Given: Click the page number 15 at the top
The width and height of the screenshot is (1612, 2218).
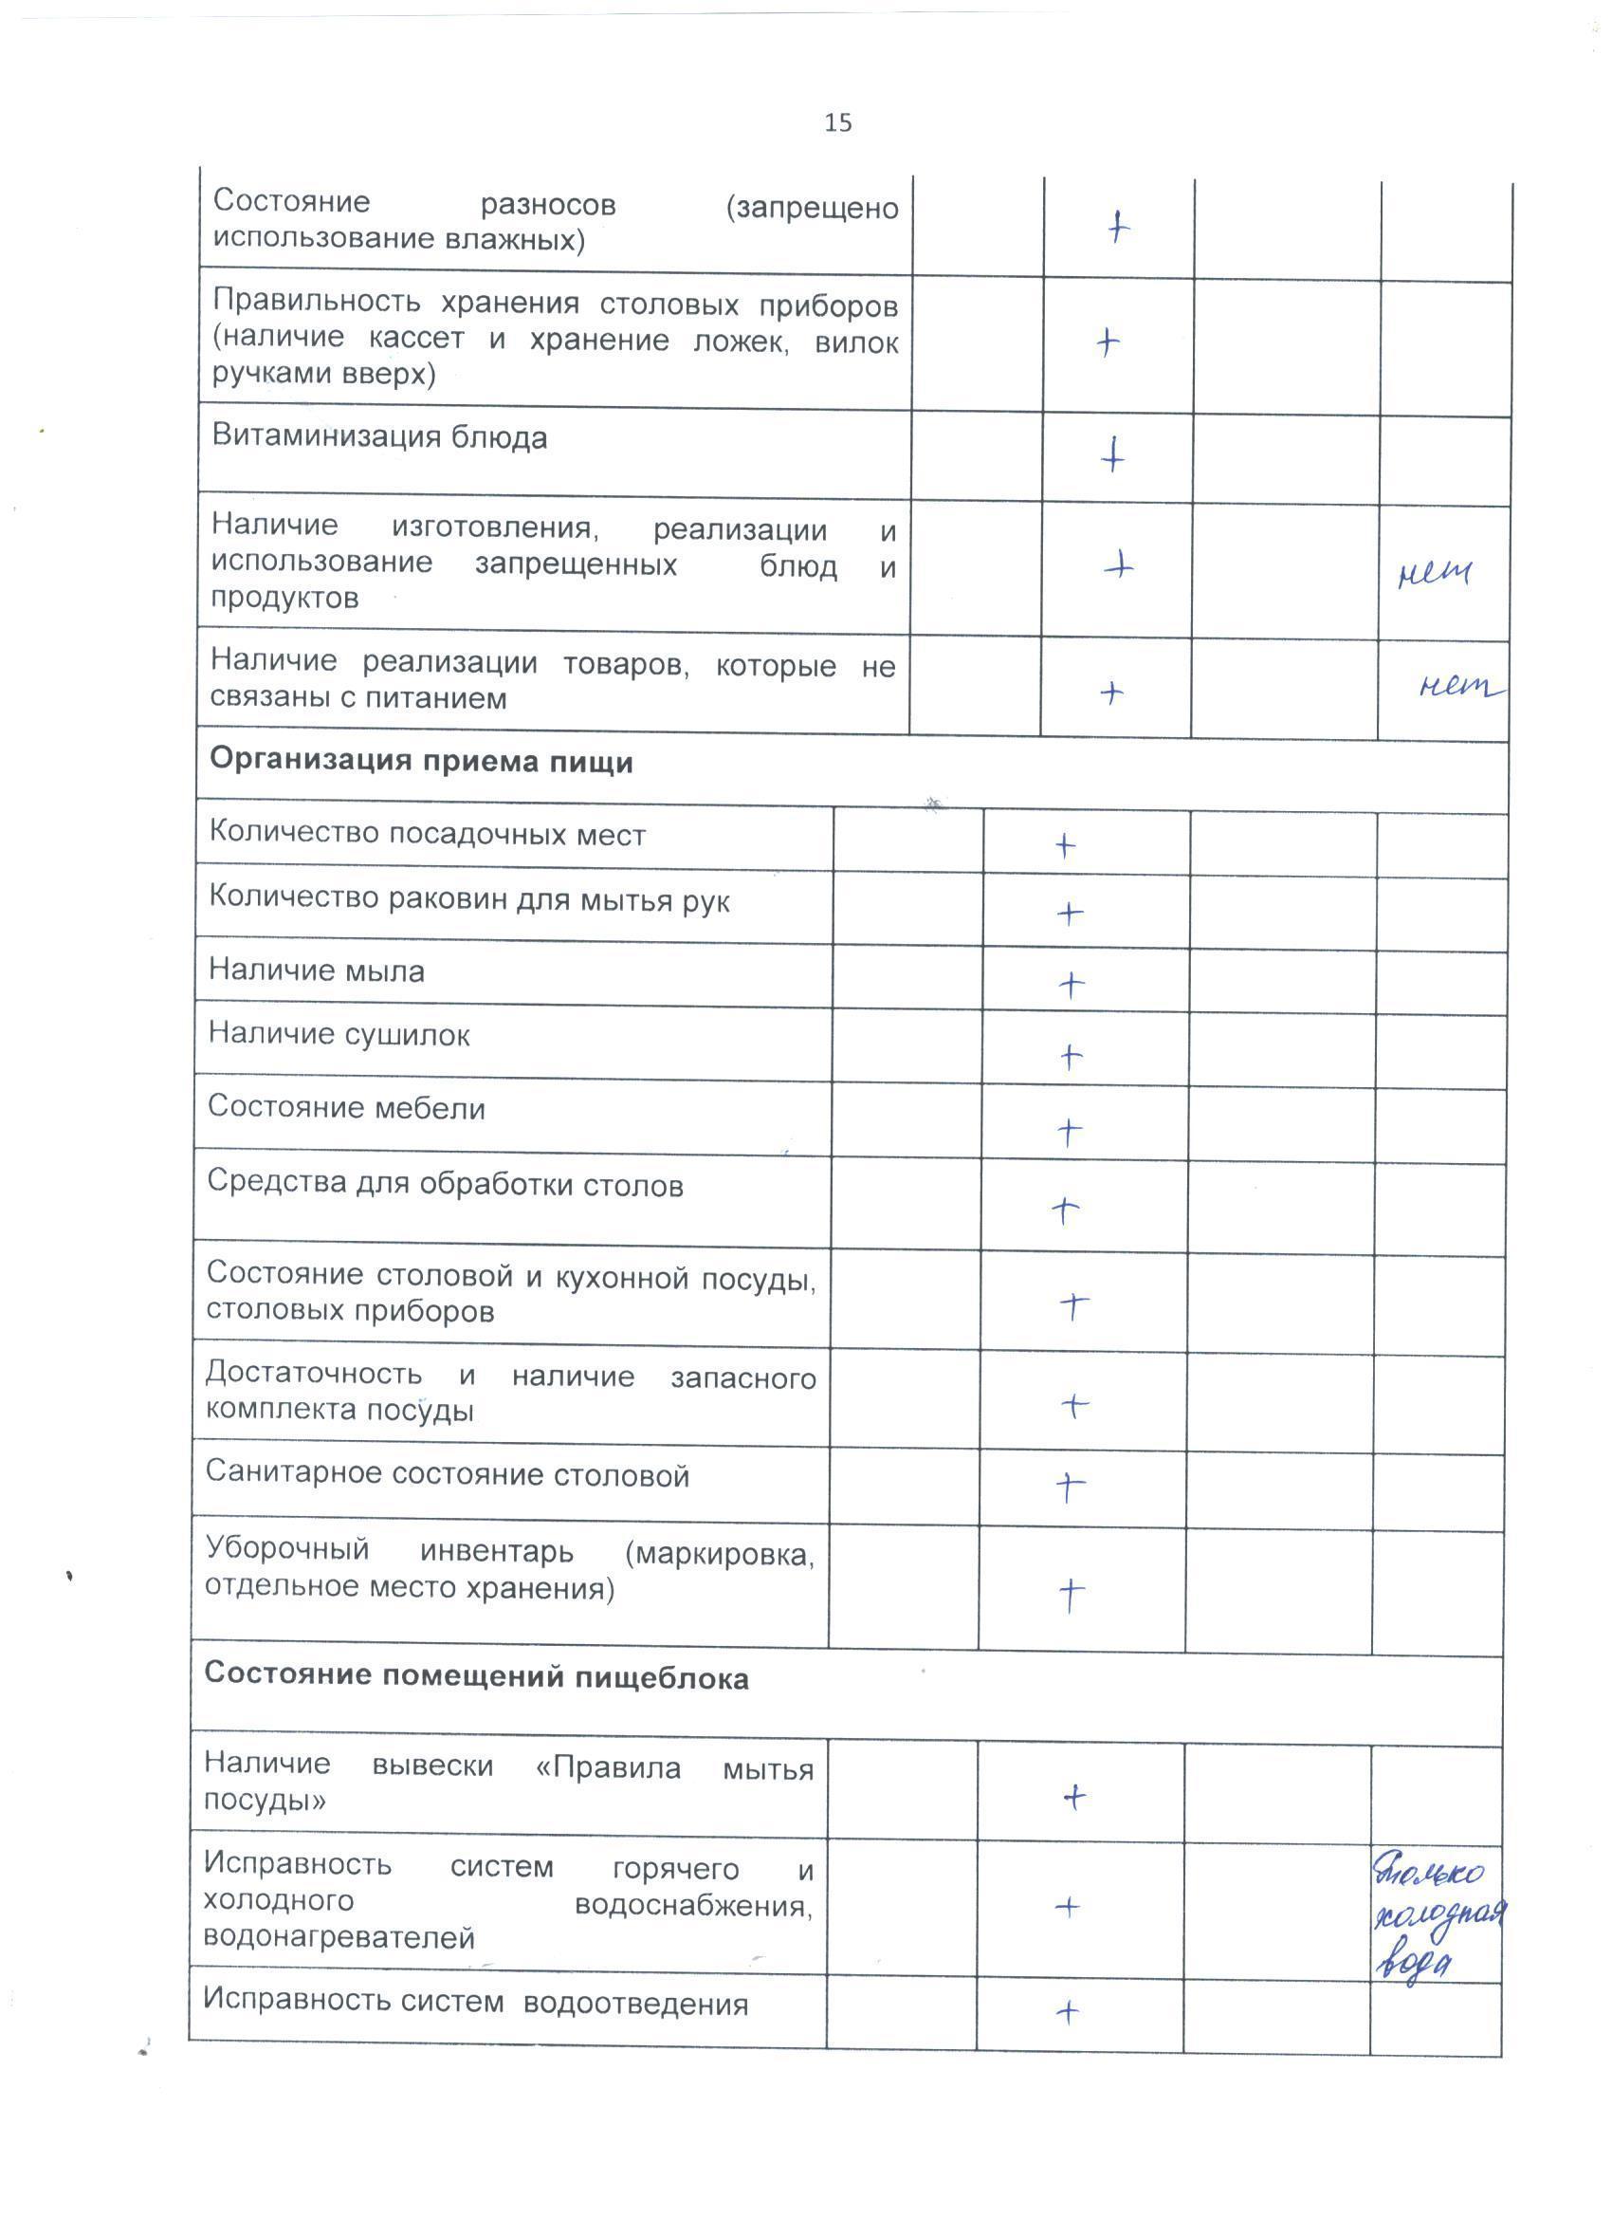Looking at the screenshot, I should [838, 122].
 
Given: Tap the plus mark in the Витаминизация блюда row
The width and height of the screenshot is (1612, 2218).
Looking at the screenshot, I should [1112, 455].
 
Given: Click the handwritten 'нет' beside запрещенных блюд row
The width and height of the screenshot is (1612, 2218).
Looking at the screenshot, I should [1434, 573].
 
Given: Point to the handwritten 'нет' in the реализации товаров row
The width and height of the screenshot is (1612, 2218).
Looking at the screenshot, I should [1458, 688].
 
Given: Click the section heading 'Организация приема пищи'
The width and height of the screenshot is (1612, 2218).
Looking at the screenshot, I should [421, 762].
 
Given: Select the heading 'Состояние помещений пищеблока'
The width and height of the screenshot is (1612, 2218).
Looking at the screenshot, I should [476, 1678].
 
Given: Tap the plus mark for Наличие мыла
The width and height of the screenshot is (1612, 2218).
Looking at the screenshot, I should [1072, 984].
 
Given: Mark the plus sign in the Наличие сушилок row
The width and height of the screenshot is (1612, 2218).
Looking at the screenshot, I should [1072, 1056].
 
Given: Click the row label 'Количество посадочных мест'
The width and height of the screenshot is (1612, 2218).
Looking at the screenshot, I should [428, 834].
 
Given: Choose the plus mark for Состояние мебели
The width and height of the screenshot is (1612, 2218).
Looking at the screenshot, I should [1071, 1132].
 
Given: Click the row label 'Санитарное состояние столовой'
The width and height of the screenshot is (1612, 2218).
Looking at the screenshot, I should [447, 1475].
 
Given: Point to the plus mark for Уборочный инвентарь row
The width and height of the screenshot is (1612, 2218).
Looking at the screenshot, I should [1072, 1594].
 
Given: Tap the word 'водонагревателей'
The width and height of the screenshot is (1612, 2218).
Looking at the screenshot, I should [339, 1937].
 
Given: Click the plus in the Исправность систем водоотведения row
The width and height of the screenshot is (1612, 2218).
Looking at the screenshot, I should [1069, 2011].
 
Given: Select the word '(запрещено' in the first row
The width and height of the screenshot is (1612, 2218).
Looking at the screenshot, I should [812, 208].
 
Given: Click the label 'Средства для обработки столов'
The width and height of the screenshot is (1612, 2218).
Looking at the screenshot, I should [445, 1184].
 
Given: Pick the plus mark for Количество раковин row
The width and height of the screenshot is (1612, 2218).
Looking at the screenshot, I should [1071, 914].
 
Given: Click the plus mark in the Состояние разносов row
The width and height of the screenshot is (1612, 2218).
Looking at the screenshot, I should [1118, 227].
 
